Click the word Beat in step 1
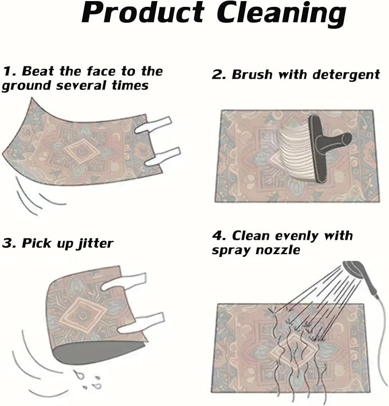click(38, 71)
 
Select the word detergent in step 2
click(346, 75)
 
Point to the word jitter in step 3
click(95, 243)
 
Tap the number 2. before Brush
click(219, 75)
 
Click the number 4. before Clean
click(219, 236)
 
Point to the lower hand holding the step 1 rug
click(163, 157)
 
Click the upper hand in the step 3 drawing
click(124, 282)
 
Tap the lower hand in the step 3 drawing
click(141, 323)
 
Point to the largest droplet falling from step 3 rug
click(77, 374)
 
